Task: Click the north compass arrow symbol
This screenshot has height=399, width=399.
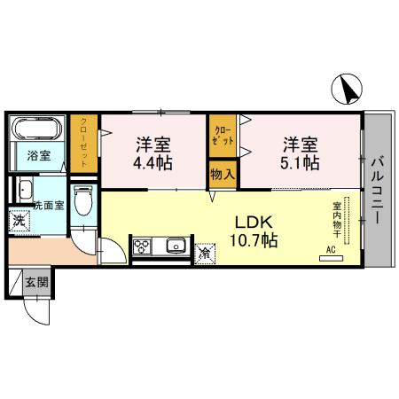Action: tap(348, 90)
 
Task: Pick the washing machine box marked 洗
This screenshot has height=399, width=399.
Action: tap(19, 219)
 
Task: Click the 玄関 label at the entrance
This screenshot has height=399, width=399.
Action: tap(36, 284)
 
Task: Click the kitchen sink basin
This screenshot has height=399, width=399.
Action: tap(174, 246)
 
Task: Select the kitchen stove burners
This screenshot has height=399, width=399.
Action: tap(145, 246)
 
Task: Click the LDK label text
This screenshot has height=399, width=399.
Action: tap(251, 222)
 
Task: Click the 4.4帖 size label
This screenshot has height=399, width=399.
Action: tap(153, 164)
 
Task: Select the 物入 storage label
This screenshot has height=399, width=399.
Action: tap(222, 175)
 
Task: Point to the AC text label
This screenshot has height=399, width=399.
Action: tap(331, 251)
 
